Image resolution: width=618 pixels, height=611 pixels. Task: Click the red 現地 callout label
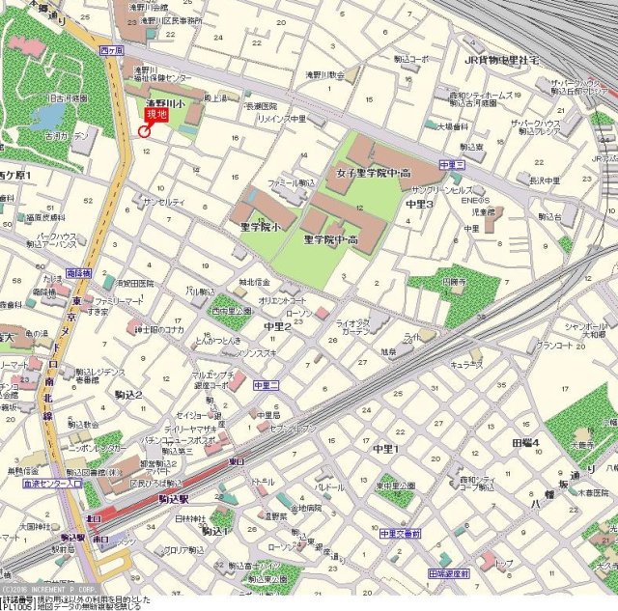click(x=156, y=115)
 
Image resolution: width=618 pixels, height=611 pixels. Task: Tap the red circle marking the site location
click(x=145, y=130)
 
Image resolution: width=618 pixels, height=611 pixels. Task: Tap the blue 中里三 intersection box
click(x=452, y=166)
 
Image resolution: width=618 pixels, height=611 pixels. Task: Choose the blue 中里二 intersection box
click(x=266, y=385)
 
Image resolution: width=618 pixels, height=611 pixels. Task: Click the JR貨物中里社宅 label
click(x=501, y=60)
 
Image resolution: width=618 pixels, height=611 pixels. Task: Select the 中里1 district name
click(x=385, y=449)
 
